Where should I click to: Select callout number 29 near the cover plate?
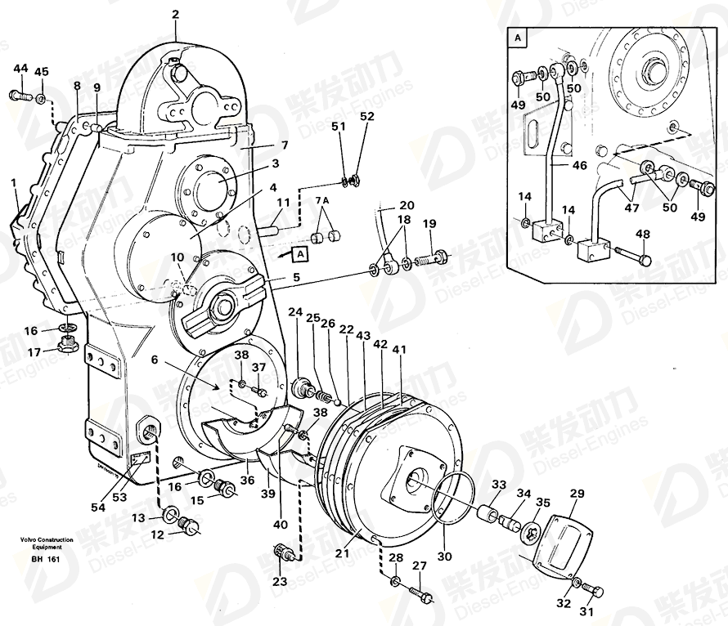pyautogui.click(x=577, y=494)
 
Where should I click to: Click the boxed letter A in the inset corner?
pyautogui.click(x=518, y=38)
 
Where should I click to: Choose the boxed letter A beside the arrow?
pyautogui.click(x=299, y=253)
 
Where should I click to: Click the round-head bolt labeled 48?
pyautogui.click(x=644, y=261)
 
